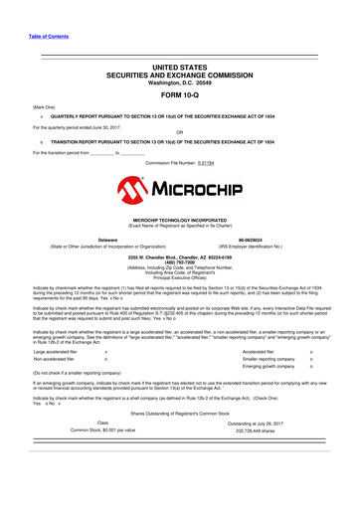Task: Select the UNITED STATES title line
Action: (179, 65)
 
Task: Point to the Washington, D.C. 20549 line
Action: (179, 82)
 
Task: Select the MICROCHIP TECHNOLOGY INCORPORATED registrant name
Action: (179, 217)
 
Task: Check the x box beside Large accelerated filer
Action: (105, 353)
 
